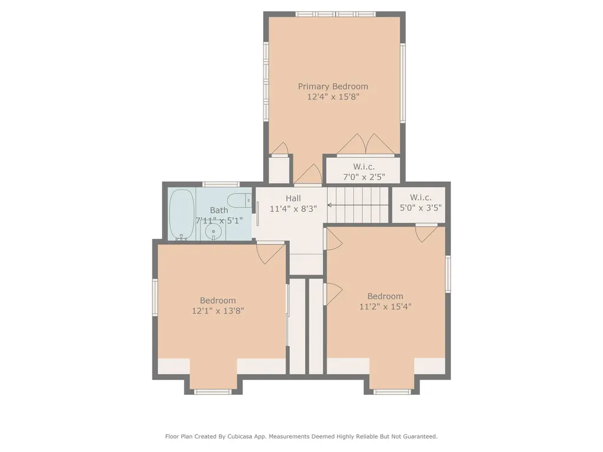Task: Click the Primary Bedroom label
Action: [x=333, y=87]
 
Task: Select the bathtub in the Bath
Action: [x=182, y=214]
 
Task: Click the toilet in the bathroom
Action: [x=239, y=201]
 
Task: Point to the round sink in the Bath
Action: [x=213, y=232]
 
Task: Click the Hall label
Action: [x=293, y=198]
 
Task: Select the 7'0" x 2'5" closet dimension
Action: [x=363, y=177]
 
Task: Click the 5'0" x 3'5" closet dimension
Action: [x=422, y=207]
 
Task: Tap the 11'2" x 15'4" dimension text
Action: [x=385, y=306]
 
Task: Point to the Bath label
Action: [x=218, y=210]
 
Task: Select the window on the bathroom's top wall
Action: [x=221, y=184]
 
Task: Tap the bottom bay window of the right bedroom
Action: [x=392, y=391]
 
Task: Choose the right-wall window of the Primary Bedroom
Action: [x=403, y=83]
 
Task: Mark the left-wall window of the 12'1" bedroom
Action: [x=155, y=297]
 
